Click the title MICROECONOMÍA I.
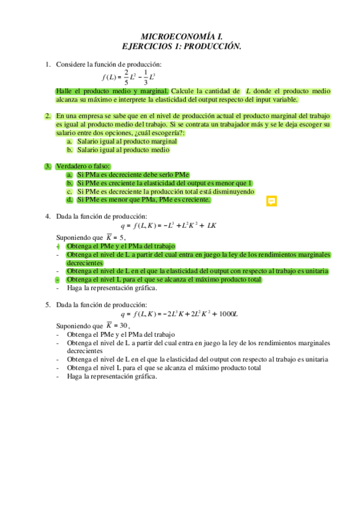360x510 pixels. (180, 36)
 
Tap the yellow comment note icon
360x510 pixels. (271, 201)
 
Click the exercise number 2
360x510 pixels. (47, 115)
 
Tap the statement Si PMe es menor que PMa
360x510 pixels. (143, 200)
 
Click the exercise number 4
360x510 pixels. (47, 216)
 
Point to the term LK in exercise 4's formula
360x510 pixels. (211, 226)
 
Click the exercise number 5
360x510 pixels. (47, 304)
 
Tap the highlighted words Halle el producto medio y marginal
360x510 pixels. (112, 91)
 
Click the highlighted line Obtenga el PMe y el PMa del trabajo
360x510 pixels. (121, 246)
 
